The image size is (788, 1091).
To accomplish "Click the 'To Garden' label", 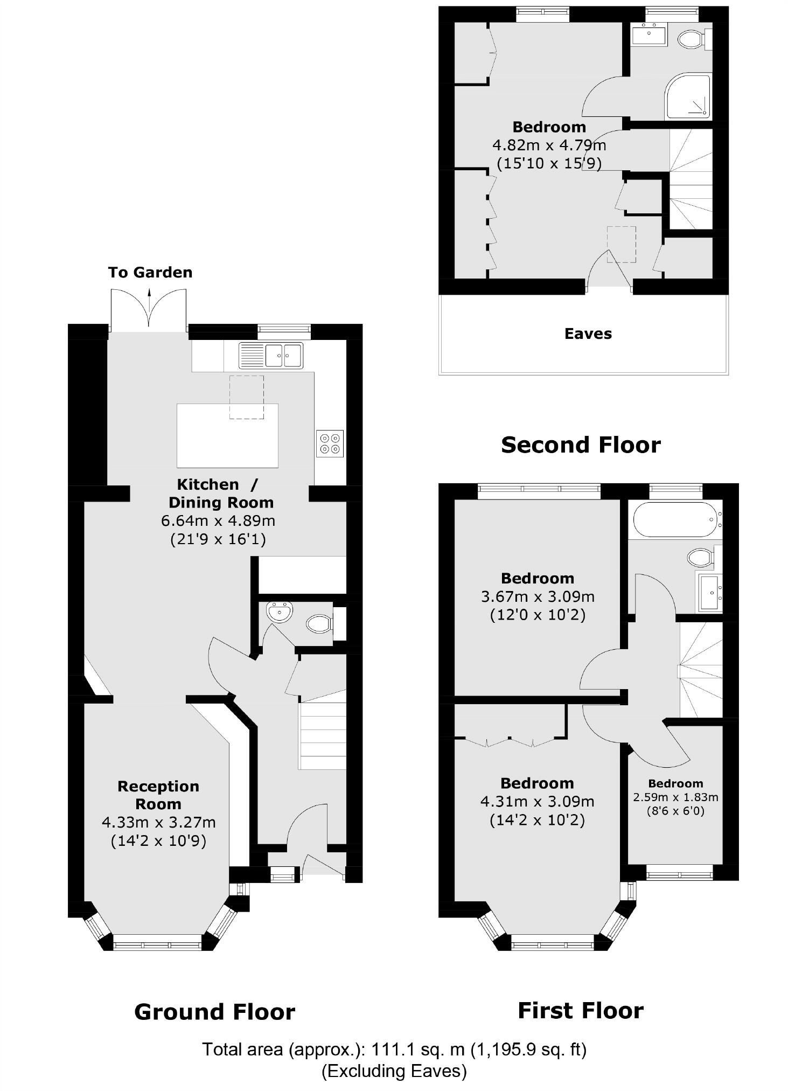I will (x=150, y=273).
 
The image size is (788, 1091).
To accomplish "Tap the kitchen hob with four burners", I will (x=330, y=443).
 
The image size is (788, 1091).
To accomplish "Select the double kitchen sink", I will (x=271, y=355).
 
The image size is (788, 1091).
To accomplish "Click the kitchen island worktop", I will (x=227, y=435).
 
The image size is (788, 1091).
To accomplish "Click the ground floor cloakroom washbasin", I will (x=279, y=612).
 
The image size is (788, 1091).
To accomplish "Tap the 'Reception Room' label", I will (x=158, y=795).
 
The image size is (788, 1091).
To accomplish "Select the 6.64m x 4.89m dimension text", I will (x=218, y=521).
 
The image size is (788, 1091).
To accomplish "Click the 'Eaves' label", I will (x=588, y=334).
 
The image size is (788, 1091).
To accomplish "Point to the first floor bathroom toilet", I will (x=700, y=557).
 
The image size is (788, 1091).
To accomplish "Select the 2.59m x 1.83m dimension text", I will (x=675, y=797).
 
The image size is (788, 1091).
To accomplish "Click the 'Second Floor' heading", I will (x=581, y=445).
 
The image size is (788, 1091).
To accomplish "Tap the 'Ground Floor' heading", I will (x=214, y=1012).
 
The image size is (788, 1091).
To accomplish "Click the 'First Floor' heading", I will (x=580, y=1010).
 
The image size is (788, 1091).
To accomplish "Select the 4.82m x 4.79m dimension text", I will (x=549, y=145).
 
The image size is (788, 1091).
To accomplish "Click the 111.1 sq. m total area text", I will (x=394, y=1049).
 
